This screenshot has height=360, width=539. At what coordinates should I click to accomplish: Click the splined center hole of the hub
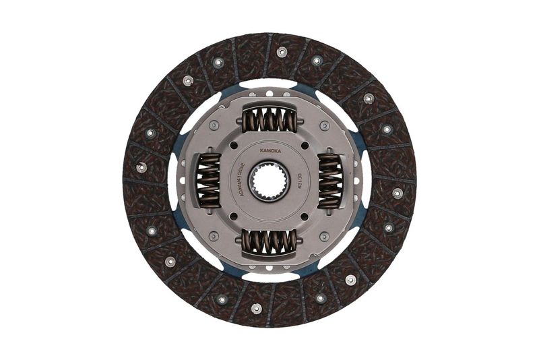(x=269, y=180)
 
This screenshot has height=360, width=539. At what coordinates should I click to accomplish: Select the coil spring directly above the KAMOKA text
(x=269, y=121)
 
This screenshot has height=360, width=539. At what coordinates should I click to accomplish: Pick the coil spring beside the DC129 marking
(x=330, y=180)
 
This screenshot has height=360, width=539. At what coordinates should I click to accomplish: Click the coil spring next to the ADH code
(x=208, y=180)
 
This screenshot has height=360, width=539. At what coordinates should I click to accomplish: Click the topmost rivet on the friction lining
(x=282, y=52)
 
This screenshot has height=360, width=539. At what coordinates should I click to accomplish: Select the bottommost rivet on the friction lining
(x=256, y=309)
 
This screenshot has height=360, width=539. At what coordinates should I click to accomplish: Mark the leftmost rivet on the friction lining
(x=141, y=167)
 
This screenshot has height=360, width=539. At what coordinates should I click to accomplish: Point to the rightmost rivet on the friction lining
(x=398, y=193)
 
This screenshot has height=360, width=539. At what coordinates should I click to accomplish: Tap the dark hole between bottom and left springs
(x=232, y=217)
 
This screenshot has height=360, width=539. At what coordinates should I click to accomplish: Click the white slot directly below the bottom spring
(x=269, y=276)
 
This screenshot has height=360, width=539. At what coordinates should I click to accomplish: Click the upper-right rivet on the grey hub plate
(x=325, y=125)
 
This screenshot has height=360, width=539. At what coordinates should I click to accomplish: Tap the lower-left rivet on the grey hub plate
(x=214, y=236)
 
